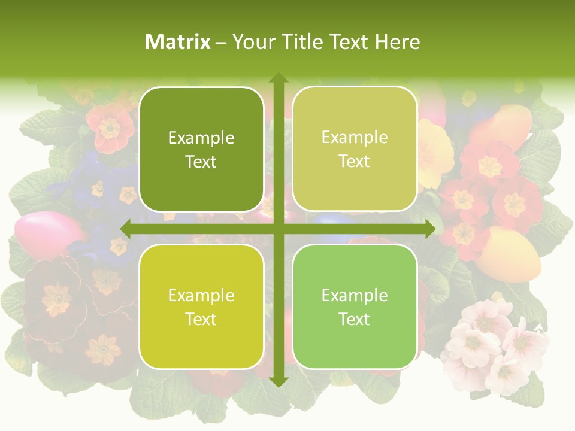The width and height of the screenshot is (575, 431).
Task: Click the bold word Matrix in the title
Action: tap(178, 42)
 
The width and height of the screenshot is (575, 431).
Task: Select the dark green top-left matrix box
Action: tap(201, 149)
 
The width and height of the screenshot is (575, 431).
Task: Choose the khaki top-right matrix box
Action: tap(354, 149)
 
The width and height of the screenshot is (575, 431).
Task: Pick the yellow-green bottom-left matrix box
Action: tap(201, 306)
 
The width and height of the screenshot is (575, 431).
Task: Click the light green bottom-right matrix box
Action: tap(354, 306)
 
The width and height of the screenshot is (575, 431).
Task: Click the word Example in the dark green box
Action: tap(201, 138)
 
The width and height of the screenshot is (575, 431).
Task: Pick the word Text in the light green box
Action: tap(354, 319)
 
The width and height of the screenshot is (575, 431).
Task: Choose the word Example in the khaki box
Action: tap(354, 138)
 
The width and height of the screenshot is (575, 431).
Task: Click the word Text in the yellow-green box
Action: tap(201, 319)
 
